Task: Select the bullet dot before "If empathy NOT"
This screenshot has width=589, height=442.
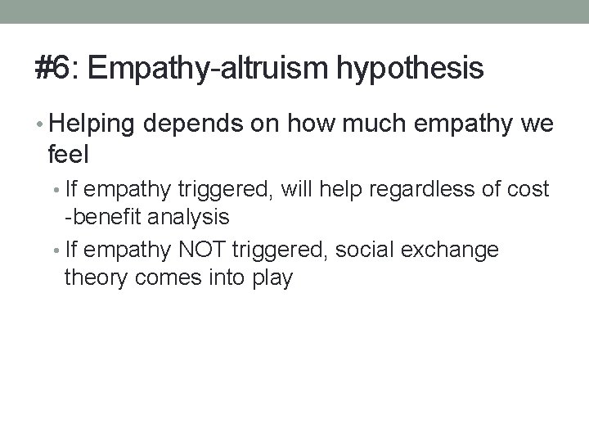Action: point(56,249)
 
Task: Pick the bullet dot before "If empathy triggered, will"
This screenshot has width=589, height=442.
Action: point(56,191)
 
